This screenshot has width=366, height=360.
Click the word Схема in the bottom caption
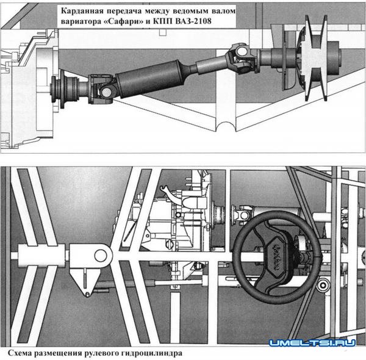click(x=22, y=353)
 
